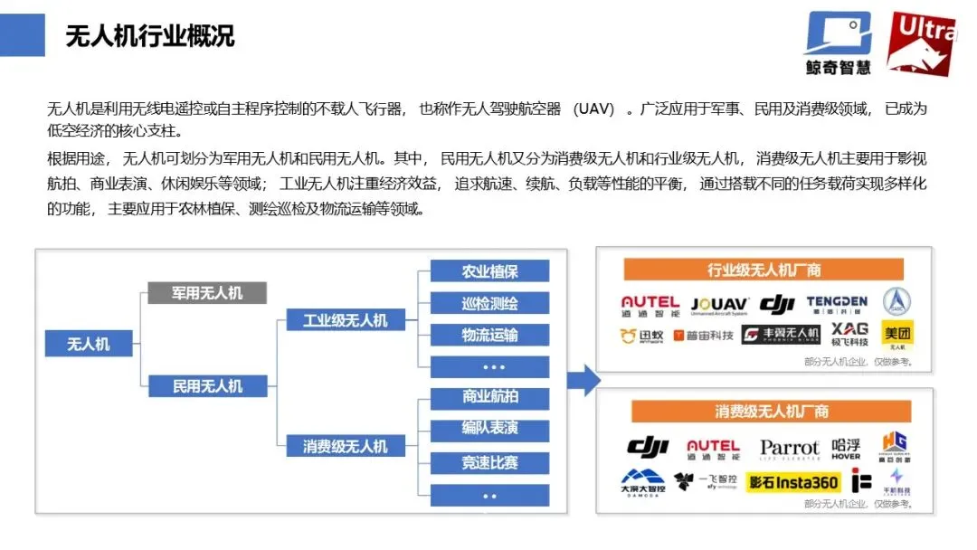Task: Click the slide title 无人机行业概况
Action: click(x=150, y=36)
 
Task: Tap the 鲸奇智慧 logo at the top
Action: click(x=838, y=43)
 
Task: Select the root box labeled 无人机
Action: click(x=88, y=344)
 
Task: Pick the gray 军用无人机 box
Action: click(x=207, y=292)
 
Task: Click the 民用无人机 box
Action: click(x=207, y=386)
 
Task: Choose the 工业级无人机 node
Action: click(x=345, y=320)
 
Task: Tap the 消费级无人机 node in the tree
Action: click(x=345, y=446)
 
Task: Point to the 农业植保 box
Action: click(x=489, y=271)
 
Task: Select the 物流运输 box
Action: click(x=489, y=335)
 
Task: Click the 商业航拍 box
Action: click(x=489, y=396)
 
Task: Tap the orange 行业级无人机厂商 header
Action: click(x=764, y=270)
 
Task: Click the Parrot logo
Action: click(x=789, y=448)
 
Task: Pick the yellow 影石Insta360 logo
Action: click(x=793, y=483)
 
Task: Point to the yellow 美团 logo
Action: click(x=897, y=334)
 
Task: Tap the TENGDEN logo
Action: click(x=837, y=304)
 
